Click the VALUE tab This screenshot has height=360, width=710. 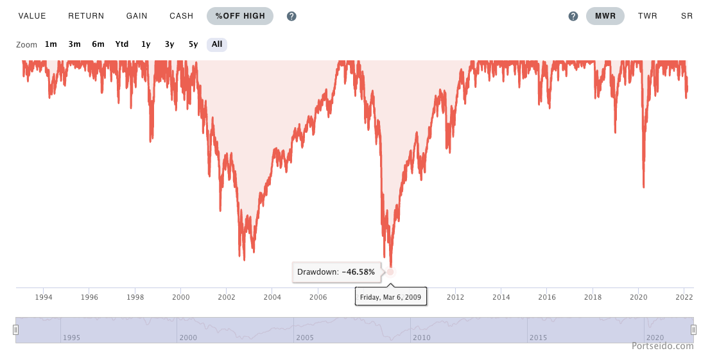tap(31, 16)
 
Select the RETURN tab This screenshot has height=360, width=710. tap(86, 16)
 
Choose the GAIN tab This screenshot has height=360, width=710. tap(137, 16)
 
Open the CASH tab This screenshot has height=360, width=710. tap(182, 16)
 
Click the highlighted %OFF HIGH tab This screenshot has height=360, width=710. tap(240, 16)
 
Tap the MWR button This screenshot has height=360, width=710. tap(605, 16)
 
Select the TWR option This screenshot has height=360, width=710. tap(647, 16)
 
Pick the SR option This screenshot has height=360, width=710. tap(686, 16)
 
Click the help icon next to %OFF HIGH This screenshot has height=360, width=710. tap(291, 16)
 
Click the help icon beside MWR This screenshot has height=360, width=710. tap(573, 16)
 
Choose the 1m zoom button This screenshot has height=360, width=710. tap(51, 44)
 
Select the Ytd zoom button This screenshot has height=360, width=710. tap(122, 44)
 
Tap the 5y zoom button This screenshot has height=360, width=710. tap(193, 44)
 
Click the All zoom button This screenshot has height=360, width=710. tap(217, 44)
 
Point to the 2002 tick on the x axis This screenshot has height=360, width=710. tap(227, 297)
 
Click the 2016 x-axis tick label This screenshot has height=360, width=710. tap(547, 297)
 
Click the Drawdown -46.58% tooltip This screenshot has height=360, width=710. tap(336, 272)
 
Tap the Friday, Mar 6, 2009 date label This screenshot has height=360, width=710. tap(390, 297)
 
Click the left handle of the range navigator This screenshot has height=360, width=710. tap(16, 330)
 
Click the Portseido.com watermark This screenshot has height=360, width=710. tap(662, 346)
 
